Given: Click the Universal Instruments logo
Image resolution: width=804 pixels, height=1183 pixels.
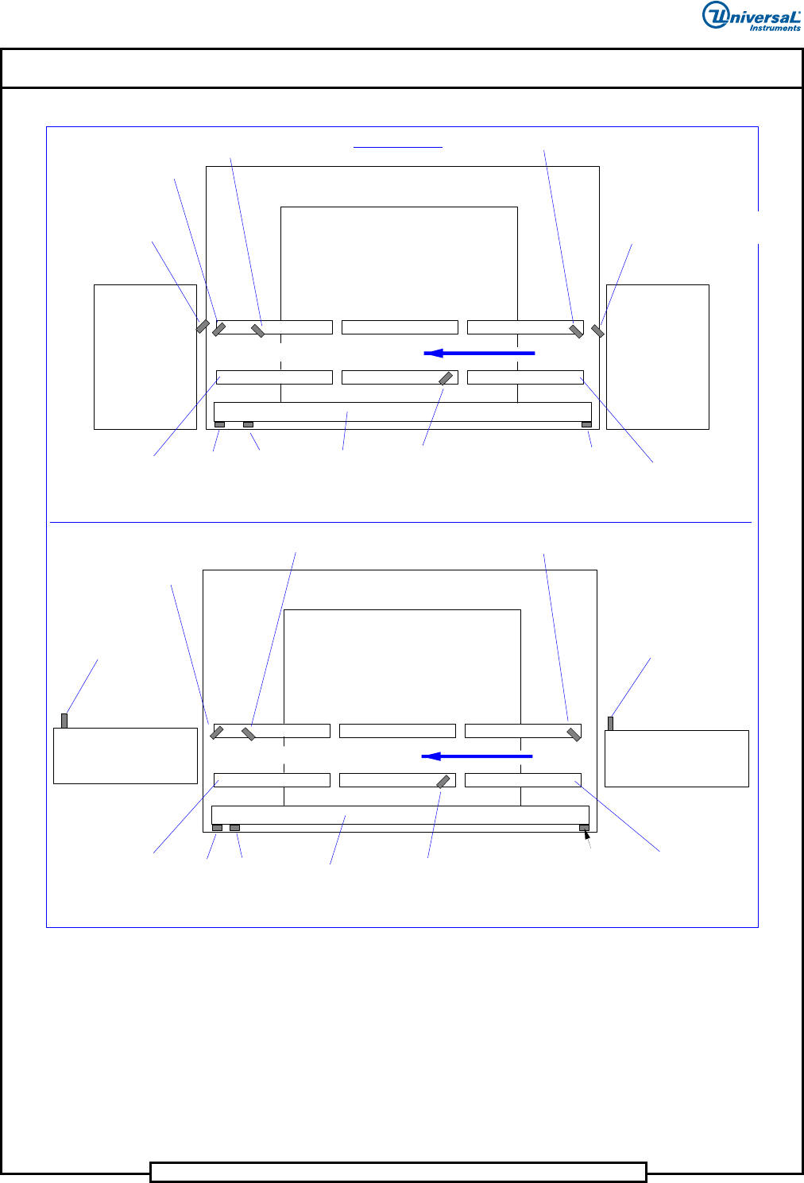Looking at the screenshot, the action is pyautogui.click(x=752, y=16).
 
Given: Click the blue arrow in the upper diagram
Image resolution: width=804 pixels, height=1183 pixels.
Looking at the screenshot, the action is pyautogui.click(x=479, y=353).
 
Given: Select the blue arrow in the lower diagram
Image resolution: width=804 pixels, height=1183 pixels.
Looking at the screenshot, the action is pyautogui.click(x=477, y=756).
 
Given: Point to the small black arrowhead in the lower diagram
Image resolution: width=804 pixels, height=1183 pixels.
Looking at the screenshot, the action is pyautogui.click(x=586, y=834).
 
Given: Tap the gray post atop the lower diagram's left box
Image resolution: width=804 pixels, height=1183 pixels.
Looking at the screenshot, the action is pyautogui.click(x=64, y=721).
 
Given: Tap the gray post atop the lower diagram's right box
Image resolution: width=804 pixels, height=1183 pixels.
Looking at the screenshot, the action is pyautogui.click(x=611, y=723).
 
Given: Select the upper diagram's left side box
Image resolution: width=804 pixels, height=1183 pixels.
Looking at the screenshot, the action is pyautogui.click(x=145, y=357).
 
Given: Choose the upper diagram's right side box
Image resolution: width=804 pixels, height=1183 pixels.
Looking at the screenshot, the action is pyautogui.click(x=658, y=357).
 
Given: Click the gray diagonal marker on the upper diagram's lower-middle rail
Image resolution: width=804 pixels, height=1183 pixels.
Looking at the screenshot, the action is pyautogui.click(x=446, y=378).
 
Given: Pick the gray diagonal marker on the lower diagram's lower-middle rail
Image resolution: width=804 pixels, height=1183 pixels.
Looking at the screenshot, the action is pyautogui.click(x=443, y=781).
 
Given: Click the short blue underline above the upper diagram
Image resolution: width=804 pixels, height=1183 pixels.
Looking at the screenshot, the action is pyautogui.click(x=398, y=147).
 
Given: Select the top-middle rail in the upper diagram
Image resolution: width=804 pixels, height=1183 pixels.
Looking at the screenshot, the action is pyautogui.click(x=400, y=327).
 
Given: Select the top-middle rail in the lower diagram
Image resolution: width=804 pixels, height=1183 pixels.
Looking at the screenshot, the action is pyautogui.click(x=397, y=730).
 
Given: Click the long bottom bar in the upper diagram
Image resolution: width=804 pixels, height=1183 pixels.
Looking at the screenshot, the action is pyautogui.click(x=403, y=412).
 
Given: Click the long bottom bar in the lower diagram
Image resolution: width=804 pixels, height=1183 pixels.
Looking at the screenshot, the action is pyautogui.click(x=400, y=815).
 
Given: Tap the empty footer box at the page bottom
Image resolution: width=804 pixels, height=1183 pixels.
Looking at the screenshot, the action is pyautogui.click(x=398, y=1172).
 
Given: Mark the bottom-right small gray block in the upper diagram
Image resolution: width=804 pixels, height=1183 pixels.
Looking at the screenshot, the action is pyautogui.click(x=586, y=424).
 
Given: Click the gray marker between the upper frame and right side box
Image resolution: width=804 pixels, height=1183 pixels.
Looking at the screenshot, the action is pyautogui.click(x=597, y=331).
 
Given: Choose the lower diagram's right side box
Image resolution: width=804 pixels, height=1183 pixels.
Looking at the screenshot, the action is pyautogui.click(x=677, y=759).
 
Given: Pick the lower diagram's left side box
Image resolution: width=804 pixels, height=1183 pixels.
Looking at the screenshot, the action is pyautogui.click(x=126, y=756).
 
